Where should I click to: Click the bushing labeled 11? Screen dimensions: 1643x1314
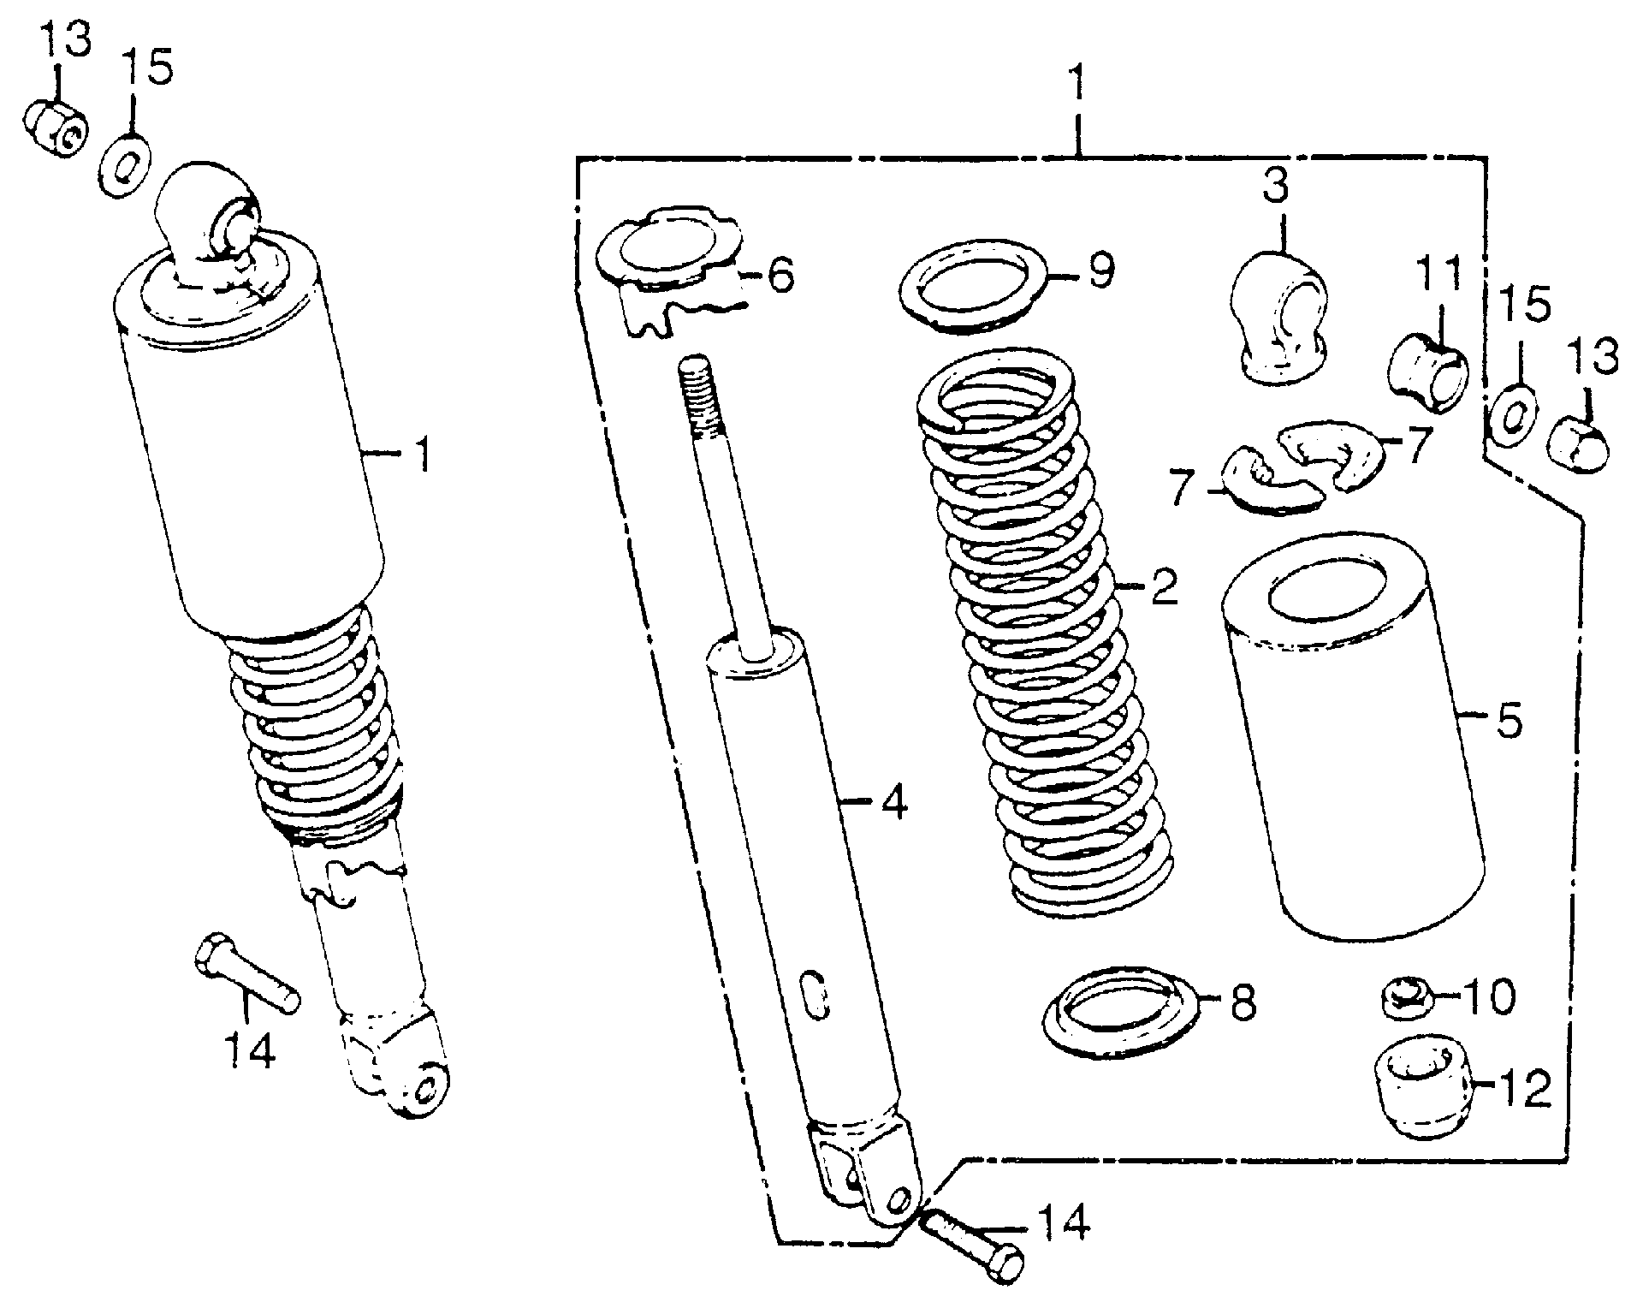pos(1428,374)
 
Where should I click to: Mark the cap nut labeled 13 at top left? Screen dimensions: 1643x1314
pos(53,128)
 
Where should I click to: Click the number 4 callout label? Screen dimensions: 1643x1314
pos(893,802)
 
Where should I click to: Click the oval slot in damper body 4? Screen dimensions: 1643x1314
pos(816,994)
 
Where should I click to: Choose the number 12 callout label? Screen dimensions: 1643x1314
pos(1526,1088)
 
